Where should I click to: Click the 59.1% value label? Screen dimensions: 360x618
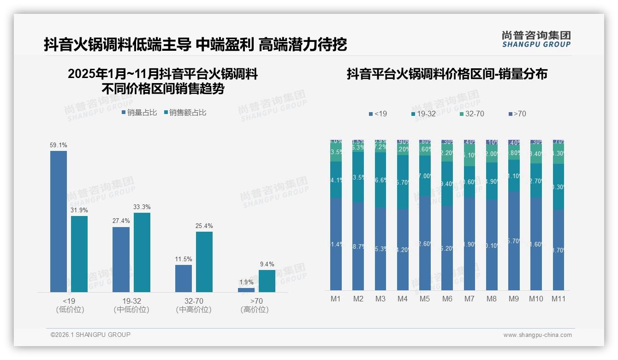[x=59, y=145]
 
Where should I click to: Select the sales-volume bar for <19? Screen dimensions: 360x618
[x=59, y=222]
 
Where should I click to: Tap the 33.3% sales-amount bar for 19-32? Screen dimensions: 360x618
[x=142, y=252]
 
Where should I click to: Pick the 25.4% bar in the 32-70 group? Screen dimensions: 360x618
[x=204, y=262]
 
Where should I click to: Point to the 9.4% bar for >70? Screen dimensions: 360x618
[x=267, y=281]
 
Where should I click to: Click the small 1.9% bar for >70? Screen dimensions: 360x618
[x=246, y=290]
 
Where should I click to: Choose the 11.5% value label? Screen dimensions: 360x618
[x=184, y=259]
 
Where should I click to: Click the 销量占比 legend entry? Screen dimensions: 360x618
[x=139, y=113]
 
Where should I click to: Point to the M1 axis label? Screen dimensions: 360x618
[x=336, y=299]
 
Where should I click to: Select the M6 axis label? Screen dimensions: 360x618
[x=447, y=299]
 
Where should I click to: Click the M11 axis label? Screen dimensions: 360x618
[x=559, y=299]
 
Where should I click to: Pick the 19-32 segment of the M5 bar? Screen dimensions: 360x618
[x=425, y=176]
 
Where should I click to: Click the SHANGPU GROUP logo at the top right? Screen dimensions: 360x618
[x=536, y=39]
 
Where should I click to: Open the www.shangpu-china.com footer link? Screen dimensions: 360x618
[x=537, y=335]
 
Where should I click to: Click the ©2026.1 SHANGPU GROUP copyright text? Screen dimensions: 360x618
[x=90, y=335]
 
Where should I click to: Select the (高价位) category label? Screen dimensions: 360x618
[x=255, y=310]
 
